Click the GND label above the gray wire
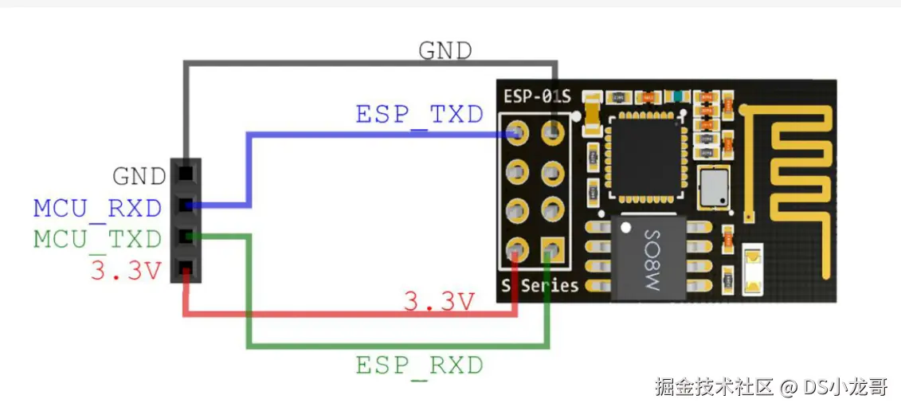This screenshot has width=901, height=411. point(445,51)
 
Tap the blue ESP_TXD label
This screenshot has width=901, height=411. point(419,115)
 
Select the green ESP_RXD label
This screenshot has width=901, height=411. point(419,366)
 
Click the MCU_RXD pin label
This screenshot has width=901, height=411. point(97,209)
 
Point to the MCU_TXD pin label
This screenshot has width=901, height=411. point(97,239)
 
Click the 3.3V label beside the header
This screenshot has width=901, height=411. point(125,271)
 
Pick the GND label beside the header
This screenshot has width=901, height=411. point(139,175)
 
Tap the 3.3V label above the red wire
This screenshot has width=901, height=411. point(439,302)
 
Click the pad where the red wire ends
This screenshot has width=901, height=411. point(517,251)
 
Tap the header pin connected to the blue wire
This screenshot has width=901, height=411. point(186,205)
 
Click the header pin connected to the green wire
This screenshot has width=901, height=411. point(186,236)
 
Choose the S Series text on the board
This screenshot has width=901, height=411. point(539,285)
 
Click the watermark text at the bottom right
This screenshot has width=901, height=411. point(770,388)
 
